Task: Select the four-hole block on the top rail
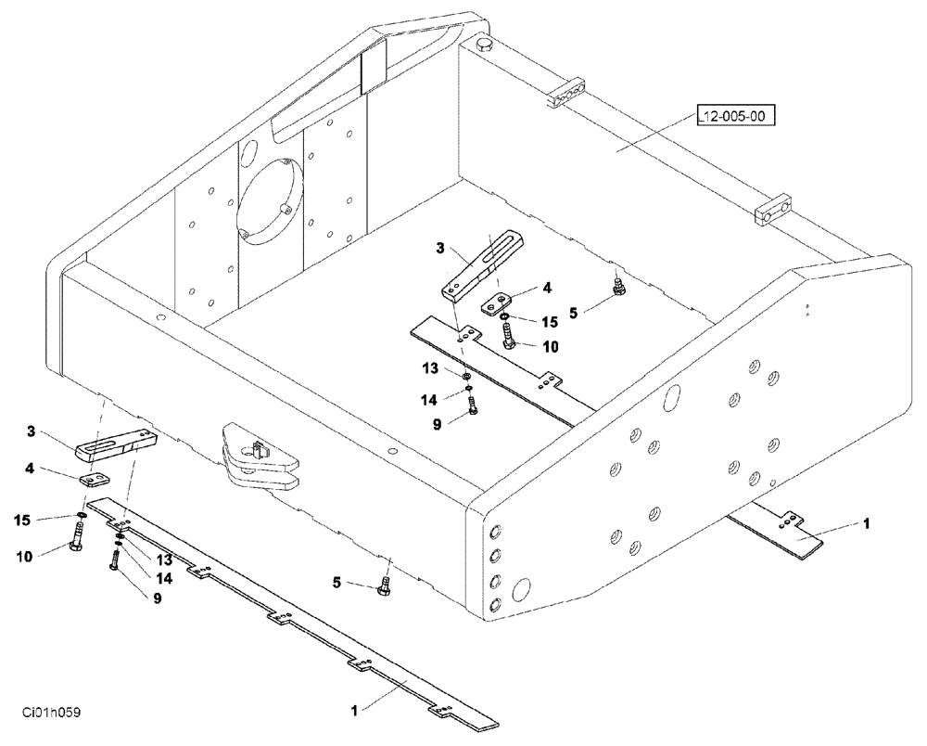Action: pos(568,90)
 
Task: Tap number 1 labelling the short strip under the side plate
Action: pos(866,524)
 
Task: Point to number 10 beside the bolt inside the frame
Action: pos(551,346)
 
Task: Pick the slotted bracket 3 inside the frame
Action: pos(483,264)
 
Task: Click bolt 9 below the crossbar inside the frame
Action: pos(474,405)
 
